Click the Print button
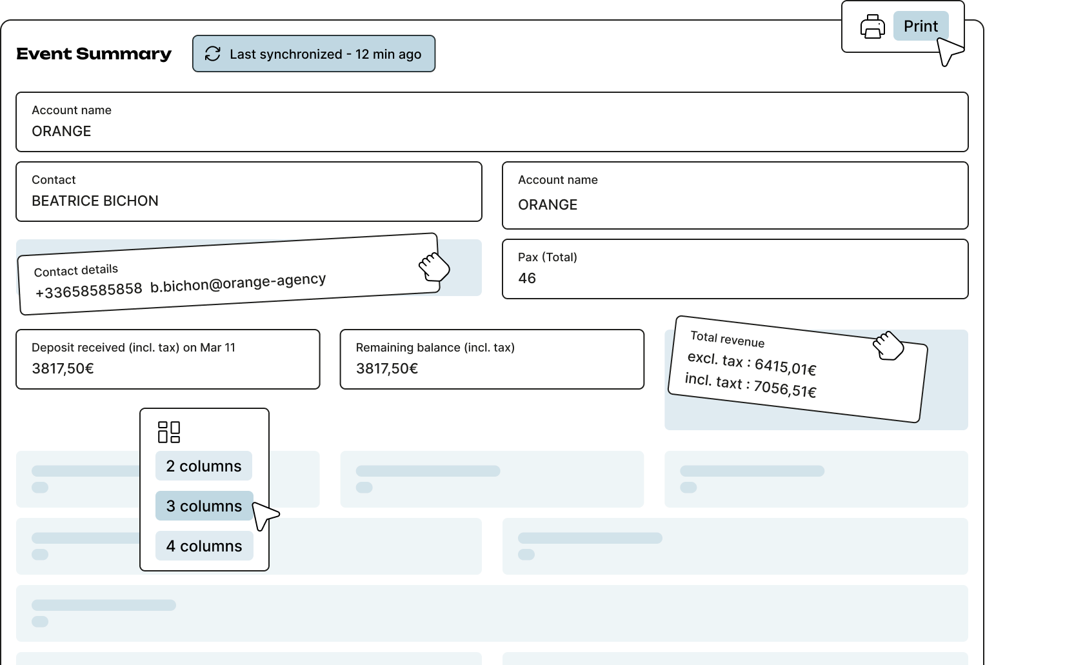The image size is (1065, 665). [x=920, y=26]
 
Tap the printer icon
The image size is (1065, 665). [x=872, y=27]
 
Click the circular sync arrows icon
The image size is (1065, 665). [x=213, y=54]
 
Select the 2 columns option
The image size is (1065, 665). [x=204, y=466]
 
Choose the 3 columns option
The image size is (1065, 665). [x=204, y=506]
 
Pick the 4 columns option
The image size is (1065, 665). [x=204, y=546]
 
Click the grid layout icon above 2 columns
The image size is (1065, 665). [x=169, y=432]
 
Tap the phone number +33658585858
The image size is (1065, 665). [x=88, y=291]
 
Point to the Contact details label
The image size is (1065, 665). [x=76, y=270]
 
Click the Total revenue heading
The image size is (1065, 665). [x=727, y=339]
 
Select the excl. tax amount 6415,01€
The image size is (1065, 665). [x=785, y=367]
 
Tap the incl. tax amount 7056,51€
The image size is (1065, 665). [x=784, y=389]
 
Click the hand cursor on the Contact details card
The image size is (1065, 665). [x=433, y=266]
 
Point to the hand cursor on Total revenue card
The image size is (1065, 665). [x=888, y=346]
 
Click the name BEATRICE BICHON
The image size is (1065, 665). [x=95, y=201]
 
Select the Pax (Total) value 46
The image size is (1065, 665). [x=527, y=279]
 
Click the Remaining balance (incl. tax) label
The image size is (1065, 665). [x=435, y=348]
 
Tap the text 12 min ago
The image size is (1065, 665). [x=388, y=55]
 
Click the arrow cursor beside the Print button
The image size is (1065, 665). [x=948, y=50]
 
